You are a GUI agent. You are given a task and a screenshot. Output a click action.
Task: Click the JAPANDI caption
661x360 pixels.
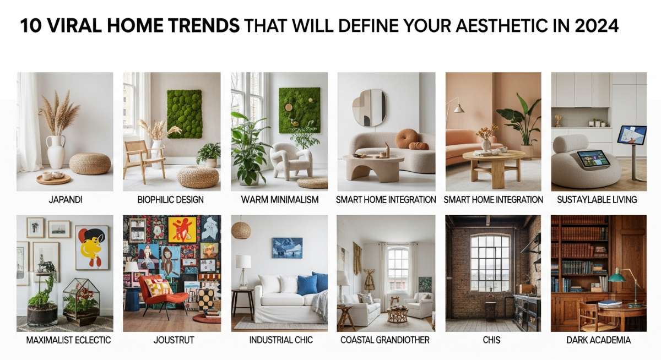(x=66, y=200)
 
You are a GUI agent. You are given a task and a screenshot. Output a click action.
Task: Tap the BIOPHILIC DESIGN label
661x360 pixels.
(x=171, y=200)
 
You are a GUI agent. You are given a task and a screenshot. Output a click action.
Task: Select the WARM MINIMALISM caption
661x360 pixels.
(x=280, y=200)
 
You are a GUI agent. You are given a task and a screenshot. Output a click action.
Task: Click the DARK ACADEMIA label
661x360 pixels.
(x=598, y=340)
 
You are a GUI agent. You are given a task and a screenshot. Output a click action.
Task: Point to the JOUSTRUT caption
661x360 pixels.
(x=174, y=340)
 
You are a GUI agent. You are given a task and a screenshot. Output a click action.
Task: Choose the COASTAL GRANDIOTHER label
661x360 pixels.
(x=385, y=340)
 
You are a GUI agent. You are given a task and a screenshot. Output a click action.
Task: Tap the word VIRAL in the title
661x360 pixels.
(x=74, y=26)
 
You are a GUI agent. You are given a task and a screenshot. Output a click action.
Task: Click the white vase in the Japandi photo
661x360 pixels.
(x=56, y=151)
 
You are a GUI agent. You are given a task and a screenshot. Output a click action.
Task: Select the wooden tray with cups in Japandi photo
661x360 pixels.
(x=53, y=178)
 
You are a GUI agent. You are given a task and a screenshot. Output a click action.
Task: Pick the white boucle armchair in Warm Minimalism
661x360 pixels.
(x=291, y=161)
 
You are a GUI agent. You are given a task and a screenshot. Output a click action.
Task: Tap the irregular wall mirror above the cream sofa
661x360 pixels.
(x=370, y=108)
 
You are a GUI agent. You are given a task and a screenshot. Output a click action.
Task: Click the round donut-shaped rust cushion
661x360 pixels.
(x=407, y=138)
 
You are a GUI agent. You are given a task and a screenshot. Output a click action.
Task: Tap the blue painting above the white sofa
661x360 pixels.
(x=287, y=248)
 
